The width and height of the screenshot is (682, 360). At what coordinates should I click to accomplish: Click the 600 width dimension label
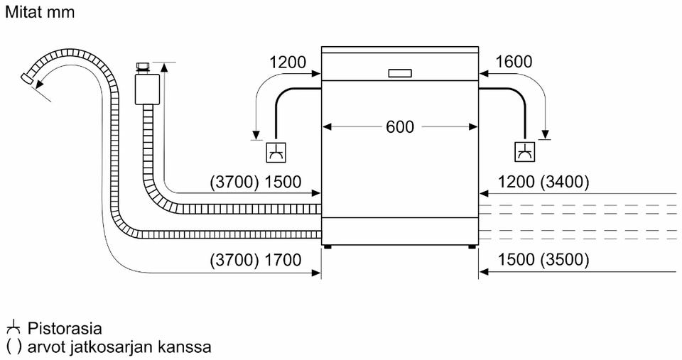400,126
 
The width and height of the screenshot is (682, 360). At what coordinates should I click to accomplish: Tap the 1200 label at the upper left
288,62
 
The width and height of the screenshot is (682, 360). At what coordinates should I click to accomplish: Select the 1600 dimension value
513,62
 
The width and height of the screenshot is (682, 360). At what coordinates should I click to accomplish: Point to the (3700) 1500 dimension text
255,182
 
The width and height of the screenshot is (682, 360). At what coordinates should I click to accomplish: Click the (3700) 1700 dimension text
255,260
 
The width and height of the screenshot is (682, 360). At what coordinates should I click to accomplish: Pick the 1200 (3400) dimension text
543,182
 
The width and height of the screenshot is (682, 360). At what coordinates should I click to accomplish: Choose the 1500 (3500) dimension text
543,260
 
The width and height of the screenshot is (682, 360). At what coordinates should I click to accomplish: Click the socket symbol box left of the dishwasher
276,152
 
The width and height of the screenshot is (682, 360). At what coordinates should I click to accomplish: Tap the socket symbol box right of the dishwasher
525,152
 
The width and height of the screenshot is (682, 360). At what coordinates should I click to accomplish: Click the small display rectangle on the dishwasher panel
400,73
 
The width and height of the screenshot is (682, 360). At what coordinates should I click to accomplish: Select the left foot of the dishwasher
327,246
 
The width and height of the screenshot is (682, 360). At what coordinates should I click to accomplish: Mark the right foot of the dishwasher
472,246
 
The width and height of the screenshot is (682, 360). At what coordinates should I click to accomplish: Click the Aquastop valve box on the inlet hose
148,89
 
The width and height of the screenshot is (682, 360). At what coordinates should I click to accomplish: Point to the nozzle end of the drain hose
27,79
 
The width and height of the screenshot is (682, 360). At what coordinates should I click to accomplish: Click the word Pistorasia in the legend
65,328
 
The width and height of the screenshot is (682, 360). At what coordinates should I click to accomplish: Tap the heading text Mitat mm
40,12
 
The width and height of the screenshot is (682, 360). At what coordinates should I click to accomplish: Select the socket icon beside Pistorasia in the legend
13,327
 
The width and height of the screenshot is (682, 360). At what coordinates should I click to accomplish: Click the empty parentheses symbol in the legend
13,347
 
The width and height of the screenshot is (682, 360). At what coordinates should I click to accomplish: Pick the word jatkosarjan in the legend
112,347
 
